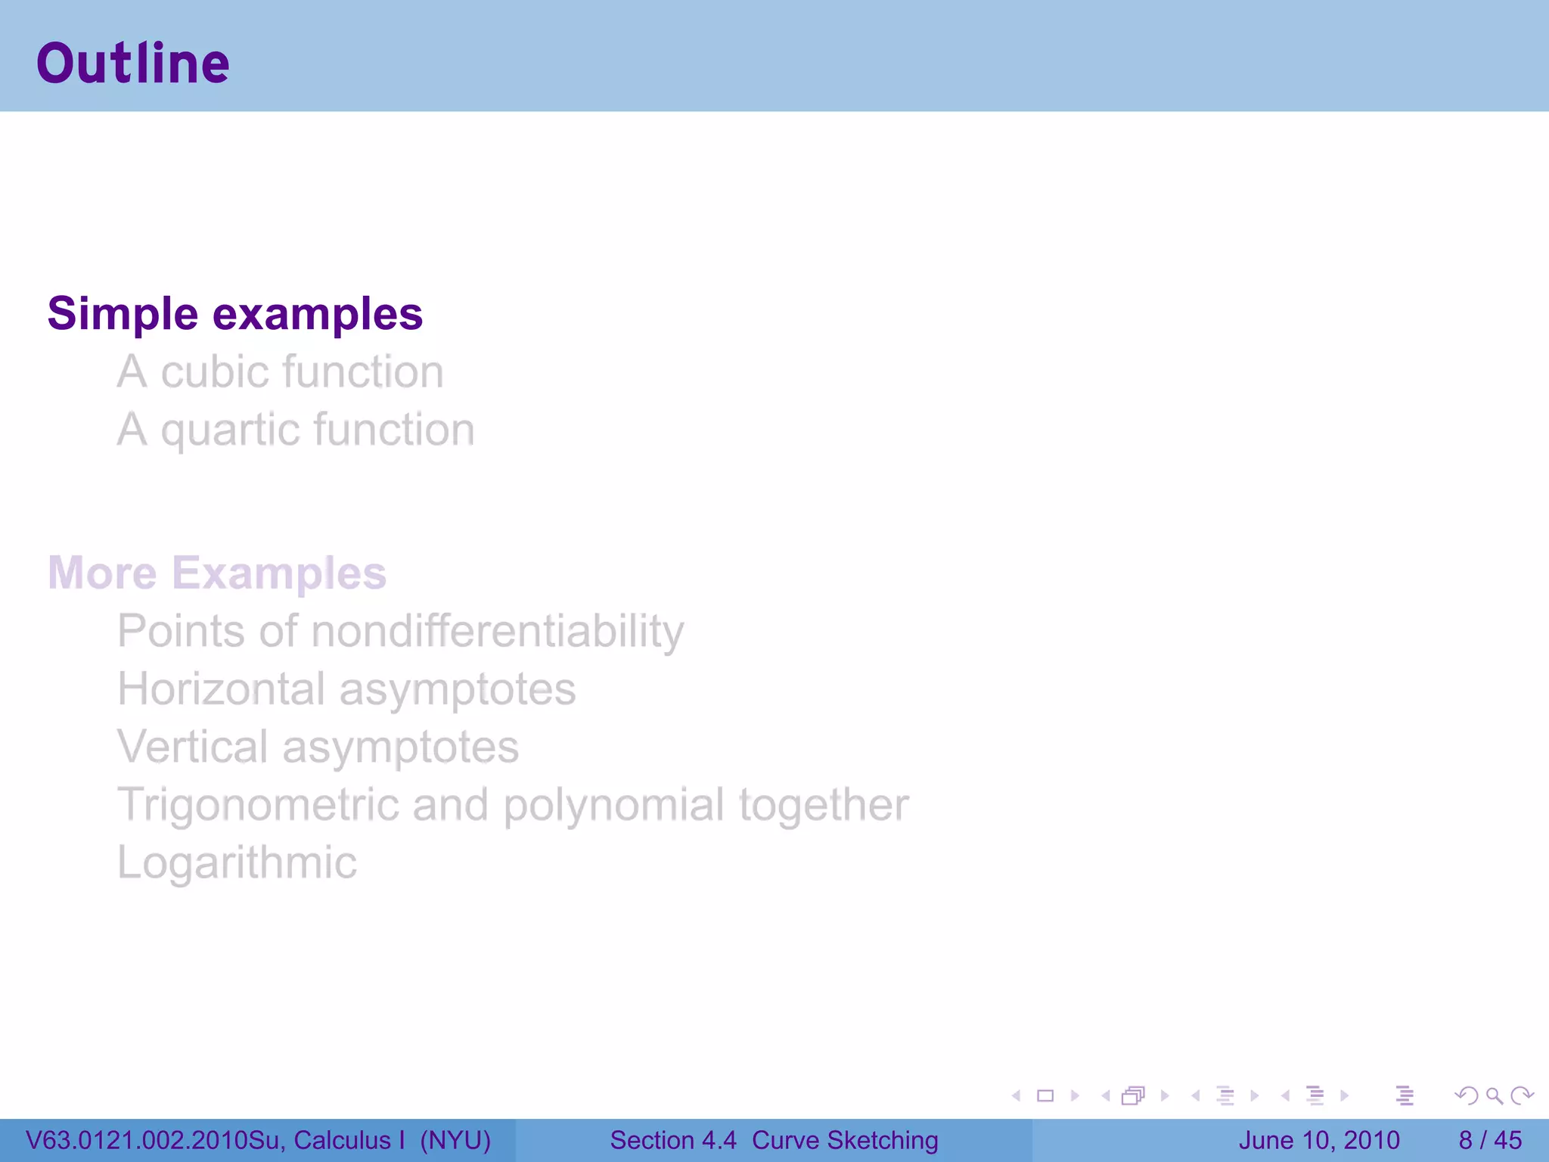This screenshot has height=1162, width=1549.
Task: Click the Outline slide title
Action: pyautogui.click(x=133, y=64)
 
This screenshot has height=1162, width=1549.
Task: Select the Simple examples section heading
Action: pyautogui.click(x=234, y=314)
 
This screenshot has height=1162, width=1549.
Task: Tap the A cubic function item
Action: pyautogui.click(x=280, y=372)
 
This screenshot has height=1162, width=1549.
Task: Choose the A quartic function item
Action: pyautogui.click(x=295, y=430)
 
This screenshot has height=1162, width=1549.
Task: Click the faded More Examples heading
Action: pyautogui.click(x=217, y=573)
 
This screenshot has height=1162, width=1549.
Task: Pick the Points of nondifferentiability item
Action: pyautogui.click(x=400, y=632)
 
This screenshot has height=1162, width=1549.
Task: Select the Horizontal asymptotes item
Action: pyautogui.click(x=346, y=689)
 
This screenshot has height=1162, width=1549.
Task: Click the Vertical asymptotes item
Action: pyautogui.click(x=318, y=747)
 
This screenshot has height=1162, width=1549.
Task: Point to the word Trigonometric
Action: pyautogui.click(x=257, y=804)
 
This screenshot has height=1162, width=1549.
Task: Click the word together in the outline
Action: pyautogui.click(x=823, y=805)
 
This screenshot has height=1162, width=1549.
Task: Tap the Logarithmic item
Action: pyautogui.click(x=237, y=862)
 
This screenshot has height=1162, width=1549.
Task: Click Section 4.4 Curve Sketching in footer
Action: pyautogui.click(x=774, y=1140)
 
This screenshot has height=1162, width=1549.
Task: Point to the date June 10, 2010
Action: pyautogui.click(x=1318, y=1140)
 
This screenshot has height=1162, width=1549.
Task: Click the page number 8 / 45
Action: pyautogui.click(x=1489, y=1140)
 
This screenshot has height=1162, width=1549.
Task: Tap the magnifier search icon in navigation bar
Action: pyautogui.click(x=1494, y=1095)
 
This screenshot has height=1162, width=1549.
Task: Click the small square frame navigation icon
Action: pyautogui.click(x=1045, y=1095)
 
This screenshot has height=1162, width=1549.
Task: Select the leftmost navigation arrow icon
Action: pyautogui.click(x=1017, y=1095)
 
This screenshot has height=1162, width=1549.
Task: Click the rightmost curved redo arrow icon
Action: pyautogui.click(x=1521, y=1095)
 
